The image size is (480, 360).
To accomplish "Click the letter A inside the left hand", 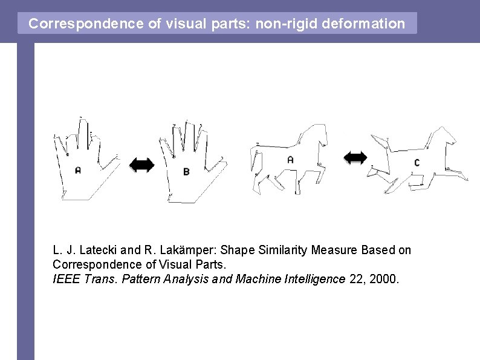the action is [x=77, y=170].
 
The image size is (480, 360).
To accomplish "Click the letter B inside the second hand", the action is [x=186, y=172].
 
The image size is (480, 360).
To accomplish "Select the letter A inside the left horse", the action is [x=290, y=160].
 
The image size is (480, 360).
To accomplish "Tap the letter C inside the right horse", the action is [x=417, y=162].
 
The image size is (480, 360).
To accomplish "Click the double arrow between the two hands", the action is [x=141, y=165].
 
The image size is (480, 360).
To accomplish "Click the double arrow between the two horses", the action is [x=355, y=157].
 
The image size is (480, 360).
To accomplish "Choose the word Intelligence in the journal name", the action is [x=315, y=279].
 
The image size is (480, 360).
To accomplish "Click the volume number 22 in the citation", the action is [x=356, y=279].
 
